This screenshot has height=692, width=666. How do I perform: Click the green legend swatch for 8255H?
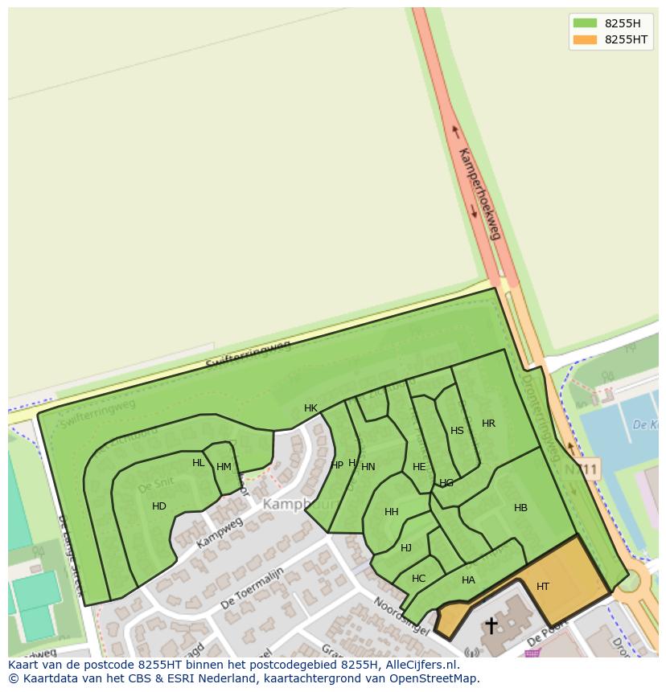click(585, 23)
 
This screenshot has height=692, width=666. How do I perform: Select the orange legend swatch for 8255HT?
click(585, 39)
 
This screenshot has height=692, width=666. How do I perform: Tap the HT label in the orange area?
click(543, 587)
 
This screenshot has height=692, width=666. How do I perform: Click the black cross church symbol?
click(491, 625)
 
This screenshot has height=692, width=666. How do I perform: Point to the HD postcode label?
click(159, 506)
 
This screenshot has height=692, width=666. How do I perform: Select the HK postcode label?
click(310, 408)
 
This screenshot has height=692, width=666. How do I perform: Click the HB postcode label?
click(520, 508)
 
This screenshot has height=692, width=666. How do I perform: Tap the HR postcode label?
click(488, 424)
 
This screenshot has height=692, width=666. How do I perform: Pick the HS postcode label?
click(457, 431)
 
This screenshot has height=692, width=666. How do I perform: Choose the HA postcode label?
click(468, 580)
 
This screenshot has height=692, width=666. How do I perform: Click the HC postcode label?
click(418, 579)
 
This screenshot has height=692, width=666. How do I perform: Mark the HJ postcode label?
click(406, 548)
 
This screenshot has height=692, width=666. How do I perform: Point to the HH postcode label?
click(392, 512)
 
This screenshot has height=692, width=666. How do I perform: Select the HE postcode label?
click(419, 467)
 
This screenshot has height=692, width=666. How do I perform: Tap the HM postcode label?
click(224, 467)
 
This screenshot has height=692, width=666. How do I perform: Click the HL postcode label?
click(199, 463)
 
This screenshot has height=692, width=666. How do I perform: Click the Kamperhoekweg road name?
click(479, 194)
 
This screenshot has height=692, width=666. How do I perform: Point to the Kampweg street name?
click(220, 534)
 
